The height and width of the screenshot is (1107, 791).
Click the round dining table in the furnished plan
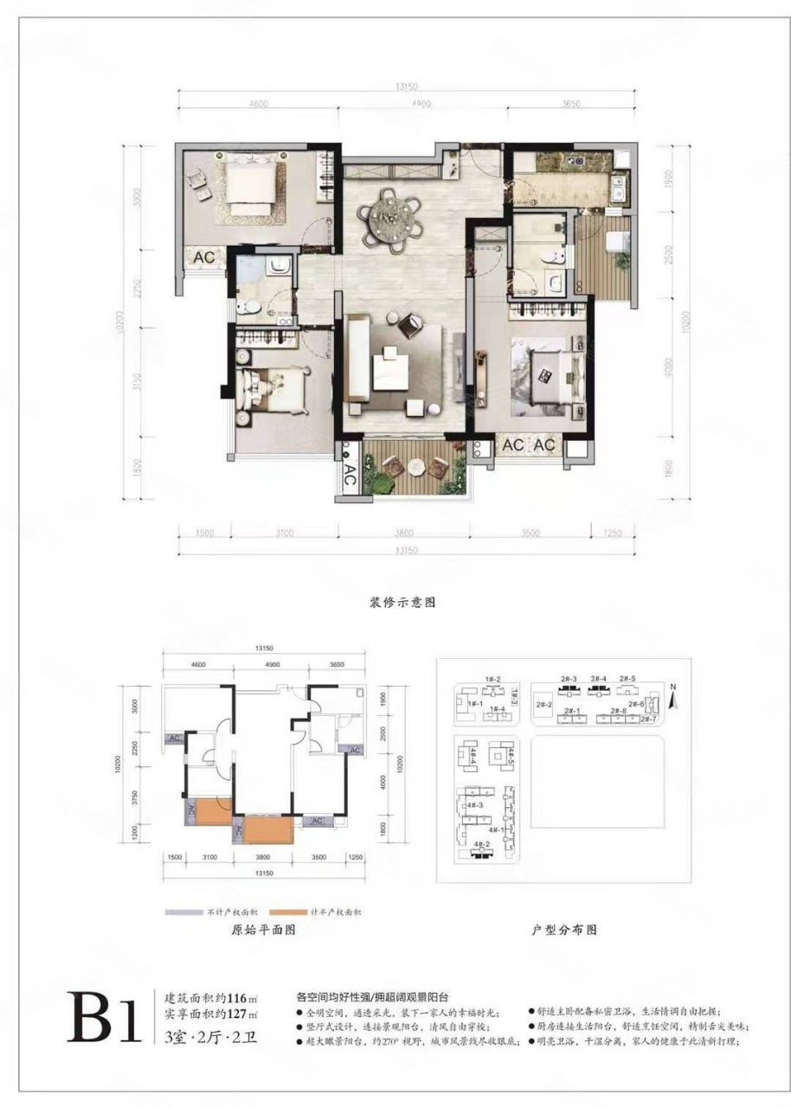click(x=392, y=220)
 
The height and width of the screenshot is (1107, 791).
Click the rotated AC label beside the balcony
click(x=350, y=474)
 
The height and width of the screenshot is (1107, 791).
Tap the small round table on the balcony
click(x=418, y=467)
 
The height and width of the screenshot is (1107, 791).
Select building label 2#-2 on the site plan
click(x=544, y=705)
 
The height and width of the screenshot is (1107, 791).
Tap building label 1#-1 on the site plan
click(x=474, y=704)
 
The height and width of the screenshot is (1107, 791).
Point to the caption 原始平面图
click(x=265, y=931)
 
